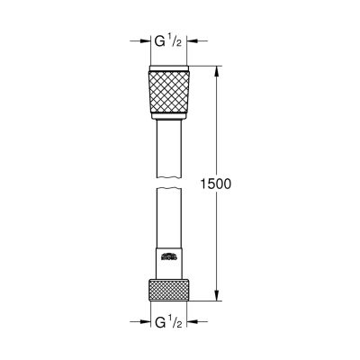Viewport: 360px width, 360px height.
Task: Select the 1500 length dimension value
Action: (216, 184)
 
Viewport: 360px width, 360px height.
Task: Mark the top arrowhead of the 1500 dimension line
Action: (217, 71)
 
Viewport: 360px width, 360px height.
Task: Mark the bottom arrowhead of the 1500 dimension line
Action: (217, 294)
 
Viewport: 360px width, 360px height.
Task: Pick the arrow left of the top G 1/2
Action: (140, 40)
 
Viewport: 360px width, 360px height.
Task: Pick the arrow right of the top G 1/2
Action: (201, 40)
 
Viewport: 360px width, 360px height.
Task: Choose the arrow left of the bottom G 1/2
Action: (140, 319)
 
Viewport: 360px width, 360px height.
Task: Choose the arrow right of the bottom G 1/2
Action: (201, 319)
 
